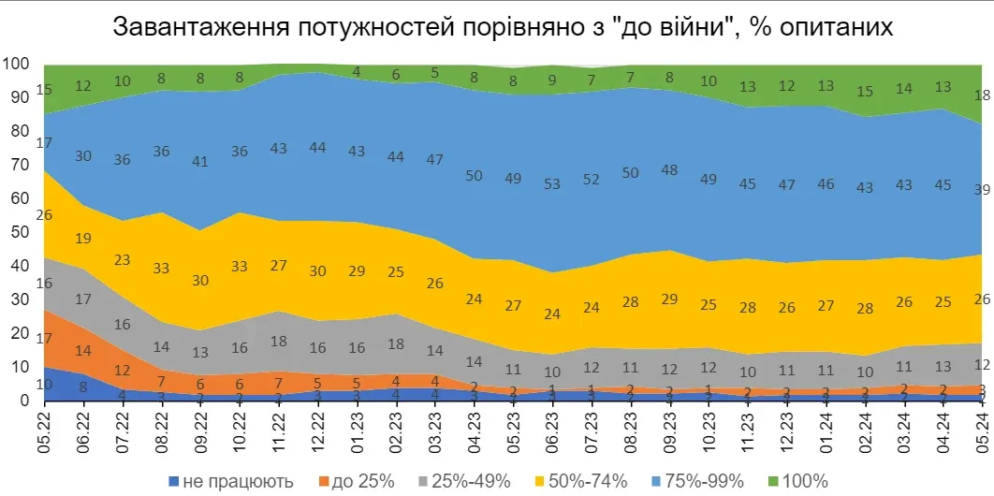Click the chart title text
tap(503, 26)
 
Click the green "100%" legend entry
tap(798, 481)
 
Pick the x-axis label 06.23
tap(551, 430)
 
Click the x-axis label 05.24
tap(980, 430)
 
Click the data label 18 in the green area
tap(980, 95)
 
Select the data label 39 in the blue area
tap(980, 189)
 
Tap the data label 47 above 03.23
tap(433, 160)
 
